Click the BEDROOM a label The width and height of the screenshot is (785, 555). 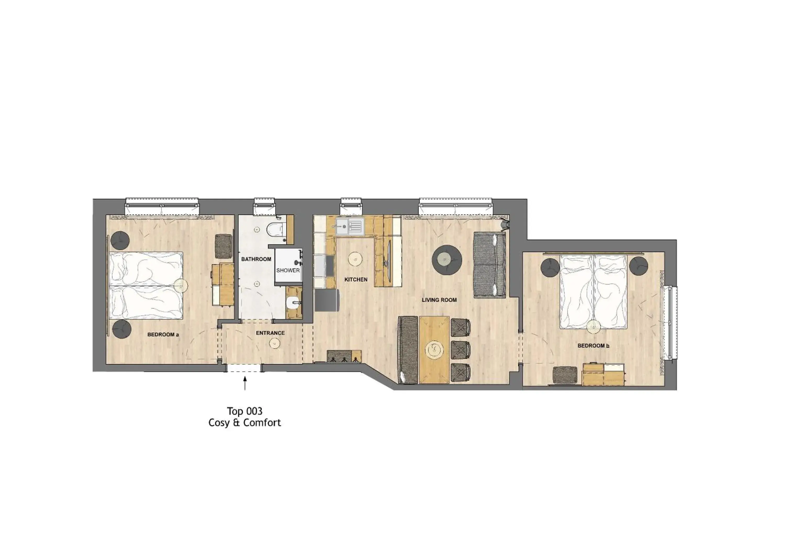click(x=163, y=335)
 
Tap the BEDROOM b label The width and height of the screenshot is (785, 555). click(x=593, y=346)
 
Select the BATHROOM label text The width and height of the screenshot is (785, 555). click(x=256, y=259)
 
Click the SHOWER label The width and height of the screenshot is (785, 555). click(x=288, y=270)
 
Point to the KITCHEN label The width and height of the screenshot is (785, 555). click(x=356, y=280)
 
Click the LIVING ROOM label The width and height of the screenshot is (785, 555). click(x=439, y=300)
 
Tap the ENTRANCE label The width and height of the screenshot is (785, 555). click(x=270, y=333)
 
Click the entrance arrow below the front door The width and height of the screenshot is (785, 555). click(x=245, y=383)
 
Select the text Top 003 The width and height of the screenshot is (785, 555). click(x=245, y=411)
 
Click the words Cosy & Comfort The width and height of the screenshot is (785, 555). click(x=245, y=423)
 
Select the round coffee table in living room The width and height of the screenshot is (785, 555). click(x=447, y=260)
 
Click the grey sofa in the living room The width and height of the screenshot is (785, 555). click(x=489, y=265)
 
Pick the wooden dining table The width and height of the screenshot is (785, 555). click(x=434, y=350)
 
